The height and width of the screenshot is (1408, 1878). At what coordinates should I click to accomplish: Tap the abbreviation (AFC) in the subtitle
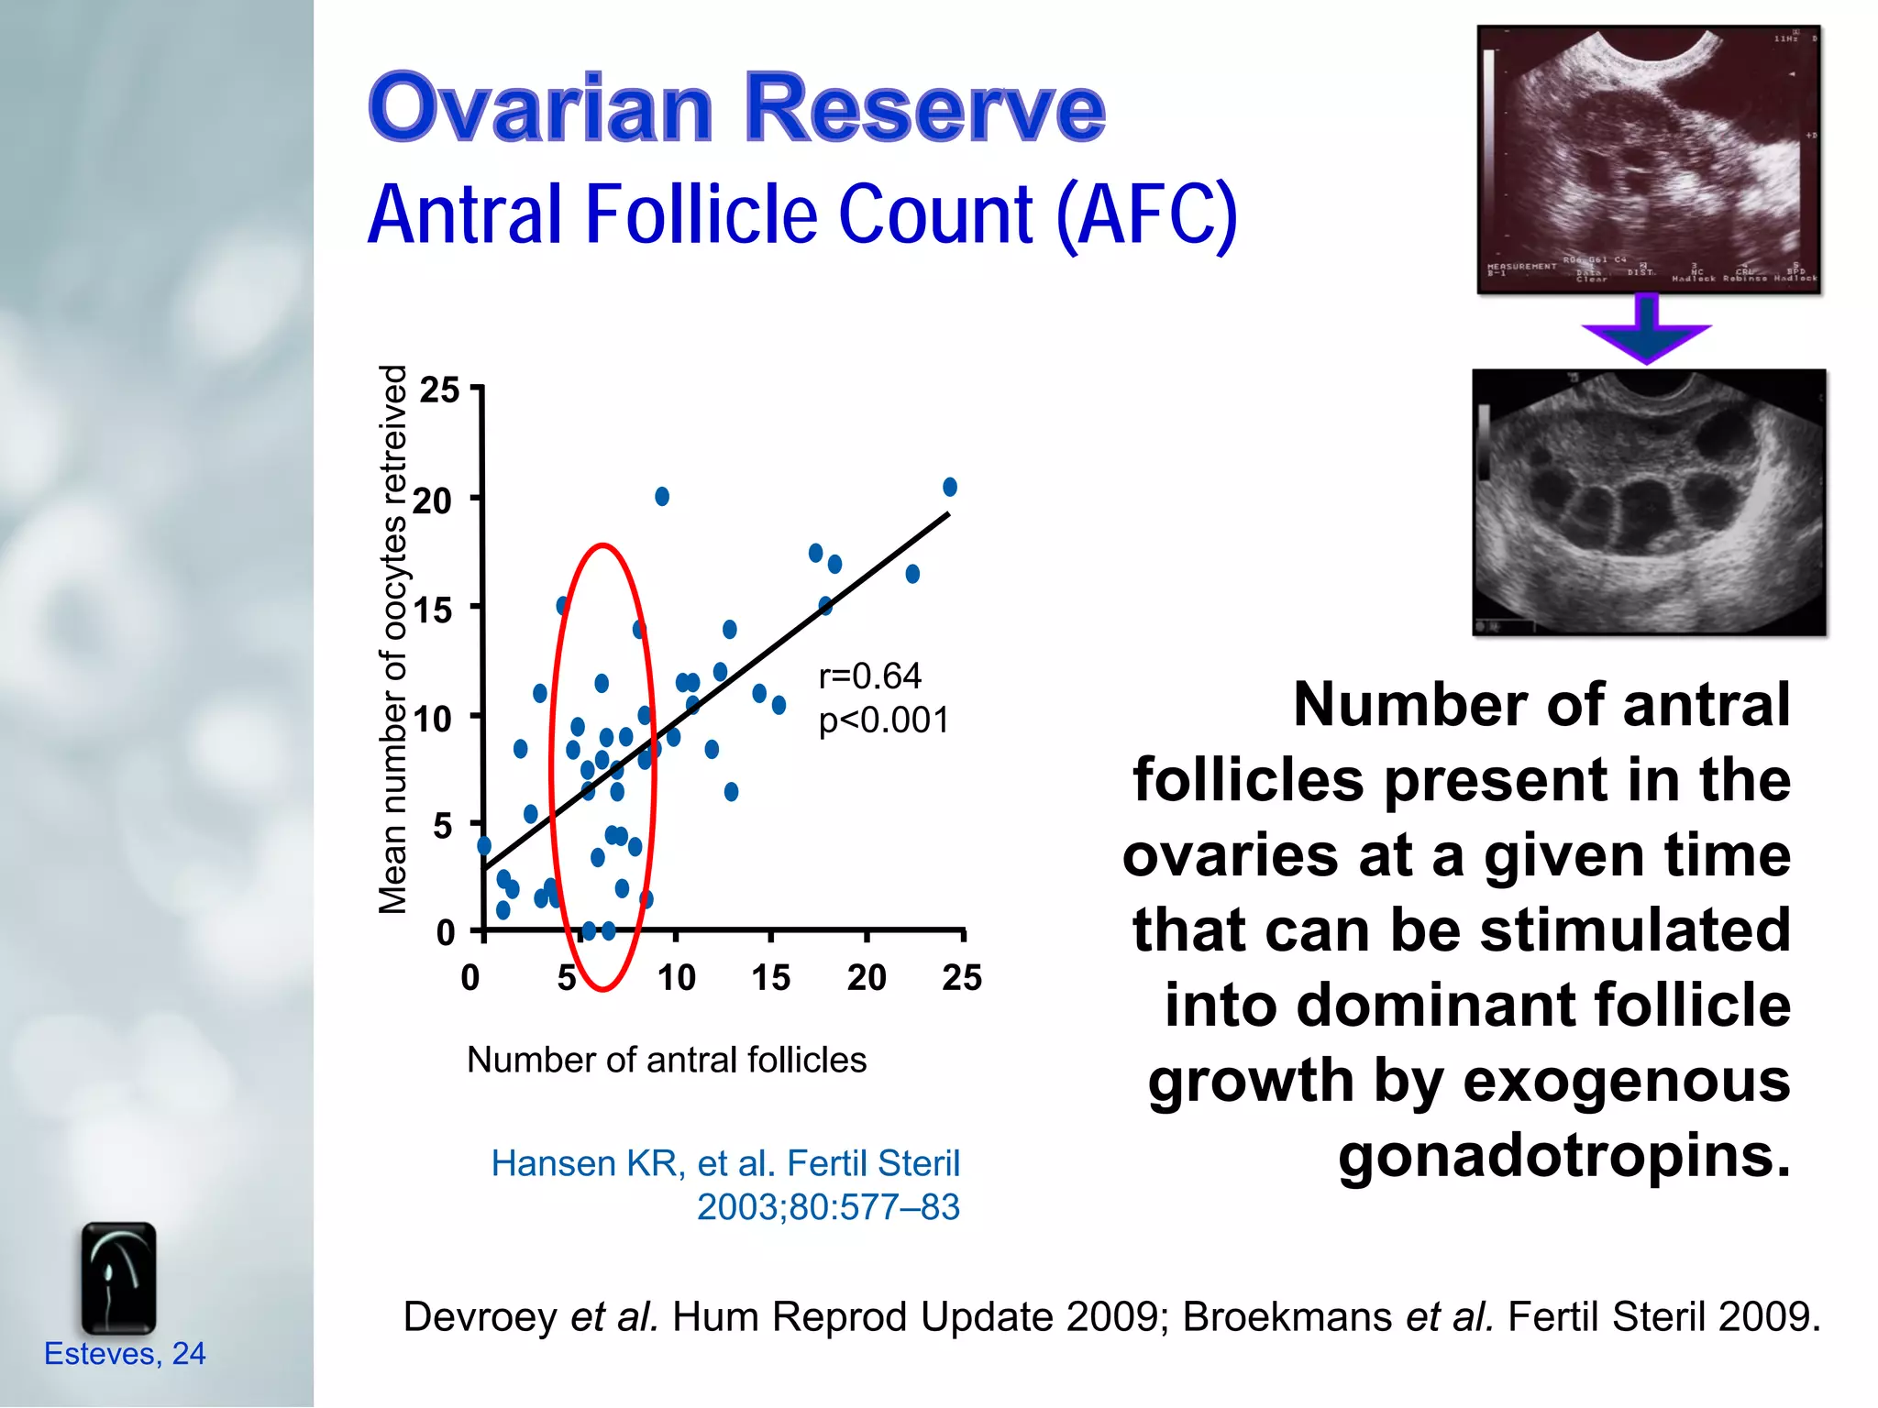(1145, 215)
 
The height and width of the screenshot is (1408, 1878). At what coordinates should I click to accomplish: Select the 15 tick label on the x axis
(770, 977)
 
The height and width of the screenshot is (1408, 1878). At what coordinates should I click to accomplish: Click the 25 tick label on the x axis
(961, 977)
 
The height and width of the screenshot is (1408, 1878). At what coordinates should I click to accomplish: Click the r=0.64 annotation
(869, 676)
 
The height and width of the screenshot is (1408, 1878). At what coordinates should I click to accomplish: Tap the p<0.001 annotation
(884, 720)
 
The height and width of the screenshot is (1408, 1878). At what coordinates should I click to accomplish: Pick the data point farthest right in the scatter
(950, 487)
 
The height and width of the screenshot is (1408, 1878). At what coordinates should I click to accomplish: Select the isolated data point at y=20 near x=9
(662, 497)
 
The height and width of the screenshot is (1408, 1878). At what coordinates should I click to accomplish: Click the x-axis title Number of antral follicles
(667, 1060)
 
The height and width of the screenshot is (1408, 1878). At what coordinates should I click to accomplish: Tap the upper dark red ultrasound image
(1648, 159)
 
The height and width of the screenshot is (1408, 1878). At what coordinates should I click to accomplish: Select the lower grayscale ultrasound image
(1648, 502)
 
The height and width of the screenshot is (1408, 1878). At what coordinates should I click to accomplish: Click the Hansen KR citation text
(724, 1163)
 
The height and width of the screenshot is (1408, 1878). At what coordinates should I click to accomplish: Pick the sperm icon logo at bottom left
(118, 1278)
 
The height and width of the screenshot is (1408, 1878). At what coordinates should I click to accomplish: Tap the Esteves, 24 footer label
(125, 1354)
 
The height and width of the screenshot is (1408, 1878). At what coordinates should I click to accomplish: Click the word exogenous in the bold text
(1626, 1081)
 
